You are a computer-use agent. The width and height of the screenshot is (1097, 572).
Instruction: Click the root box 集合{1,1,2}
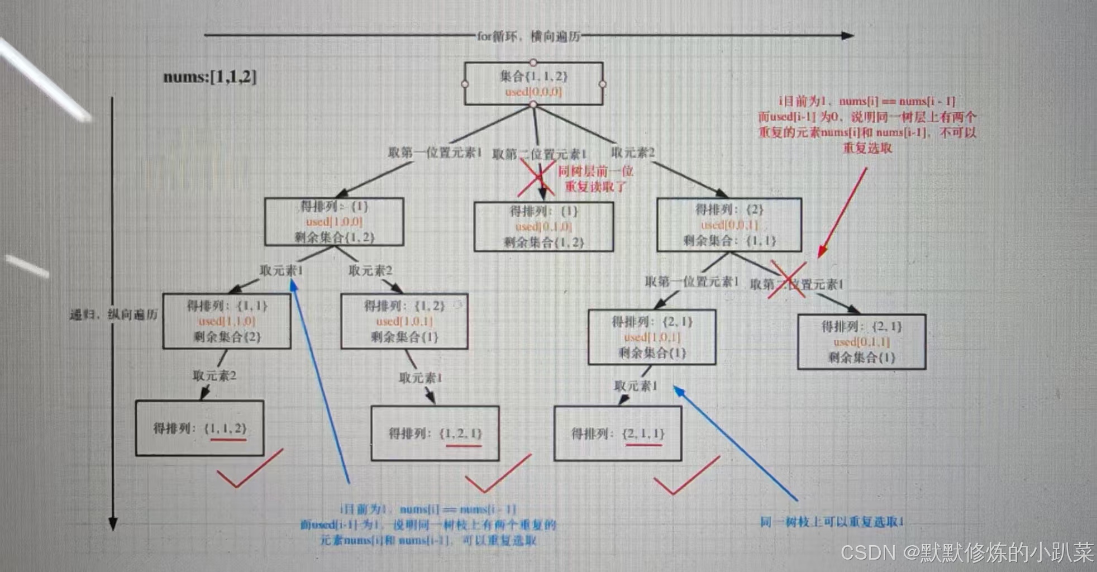(x=533, y=84)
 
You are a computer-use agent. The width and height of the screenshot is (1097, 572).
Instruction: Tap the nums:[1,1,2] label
(x=210, y=77)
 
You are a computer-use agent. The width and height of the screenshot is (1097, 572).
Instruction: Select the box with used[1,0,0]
(x=334, y=222)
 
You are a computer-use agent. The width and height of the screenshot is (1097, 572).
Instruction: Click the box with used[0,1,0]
(x=543, y=227)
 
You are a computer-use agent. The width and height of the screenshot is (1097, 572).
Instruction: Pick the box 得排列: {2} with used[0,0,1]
(x=729, y=225)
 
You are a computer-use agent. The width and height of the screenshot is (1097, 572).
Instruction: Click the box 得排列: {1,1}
(x=227, y=321)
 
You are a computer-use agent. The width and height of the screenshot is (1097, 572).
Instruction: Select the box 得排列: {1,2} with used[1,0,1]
(x=404, y=321)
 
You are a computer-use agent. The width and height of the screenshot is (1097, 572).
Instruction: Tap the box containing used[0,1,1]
(x=861, y=342)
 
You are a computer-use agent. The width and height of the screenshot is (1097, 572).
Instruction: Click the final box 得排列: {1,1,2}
(x=199, y=428)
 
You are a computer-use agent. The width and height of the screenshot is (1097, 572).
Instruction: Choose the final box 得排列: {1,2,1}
(x=435, y=433)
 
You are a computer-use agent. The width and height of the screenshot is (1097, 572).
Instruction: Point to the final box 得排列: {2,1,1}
(x=618, y=433)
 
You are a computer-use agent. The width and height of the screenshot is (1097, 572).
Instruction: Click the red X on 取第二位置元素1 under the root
(x=536, y=178)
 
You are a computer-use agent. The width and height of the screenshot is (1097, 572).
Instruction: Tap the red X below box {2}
(x=787, y=279)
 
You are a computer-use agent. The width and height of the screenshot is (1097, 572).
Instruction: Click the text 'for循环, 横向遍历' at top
(x=528, y=36)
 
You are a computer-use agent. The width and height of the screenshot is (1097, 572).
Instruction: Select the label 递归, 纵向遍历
(x=113, y=314)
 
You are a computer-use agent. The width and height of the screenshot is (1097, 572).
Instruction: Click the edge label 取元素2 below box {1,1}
(x=214, y=375)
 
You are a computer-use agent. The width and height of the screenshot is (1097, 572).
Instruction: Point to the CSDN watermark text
(x=966, y=552)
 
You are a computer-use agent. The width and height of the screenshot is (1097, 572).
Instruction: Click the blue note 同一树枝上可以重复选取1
(x=832, y=522)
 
